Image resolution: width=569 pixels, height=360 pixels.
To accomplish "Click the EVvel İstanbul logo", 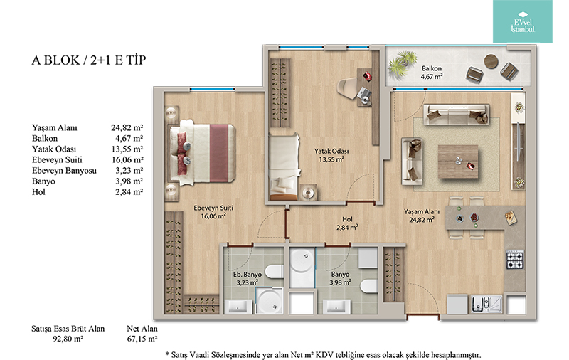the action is [523, 22].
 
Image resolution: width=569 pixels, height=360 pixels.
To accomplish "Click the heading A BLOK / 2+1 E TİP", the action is [89, 60].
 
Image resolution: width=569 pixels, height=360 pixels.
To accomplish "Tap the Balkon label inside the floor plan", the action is [432, 68].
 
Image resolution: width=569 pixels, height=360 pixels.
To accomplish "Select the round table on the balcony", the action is [491, 61].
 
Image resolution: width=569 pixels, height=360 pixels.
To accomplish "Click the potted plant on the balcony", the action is [402, 64].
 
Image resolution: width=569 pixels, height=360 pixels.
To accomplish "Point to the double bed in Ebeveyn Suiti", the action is [202, 153].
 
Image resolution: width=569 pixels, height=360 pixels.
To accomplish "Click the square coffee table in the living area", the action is [458, 162].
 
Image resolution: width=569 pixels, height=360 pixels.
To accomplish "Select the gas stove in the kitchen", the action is [515, 259].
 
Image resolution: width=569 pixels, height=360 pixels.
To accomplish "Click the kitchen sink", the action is [486, 304].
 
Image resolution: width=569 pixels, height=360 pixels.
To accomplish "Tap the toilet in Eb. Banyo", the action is [274, 271].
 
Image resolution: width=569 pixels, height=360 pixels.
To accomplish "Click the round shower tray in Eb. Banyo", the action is [270, 301].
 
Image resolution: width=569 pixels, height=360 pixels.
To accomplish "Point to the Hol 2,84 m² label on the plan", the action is [347, 223].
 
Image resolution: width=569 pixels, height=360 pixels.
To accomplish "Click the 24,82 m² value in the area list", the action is [127, 128].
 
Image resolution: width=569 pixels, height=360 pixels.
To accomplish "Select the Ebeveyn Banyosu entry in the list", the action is [64, 171].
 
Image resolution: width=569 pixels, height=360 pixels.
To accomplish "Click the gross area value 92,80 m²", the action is [68, 339].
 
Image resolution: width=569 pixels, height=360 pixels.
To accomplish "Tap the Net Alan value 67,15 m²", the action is [142, 339].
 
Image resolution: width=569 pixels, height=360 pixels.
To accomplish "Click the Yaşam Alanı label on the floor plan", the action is [421, 211].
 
